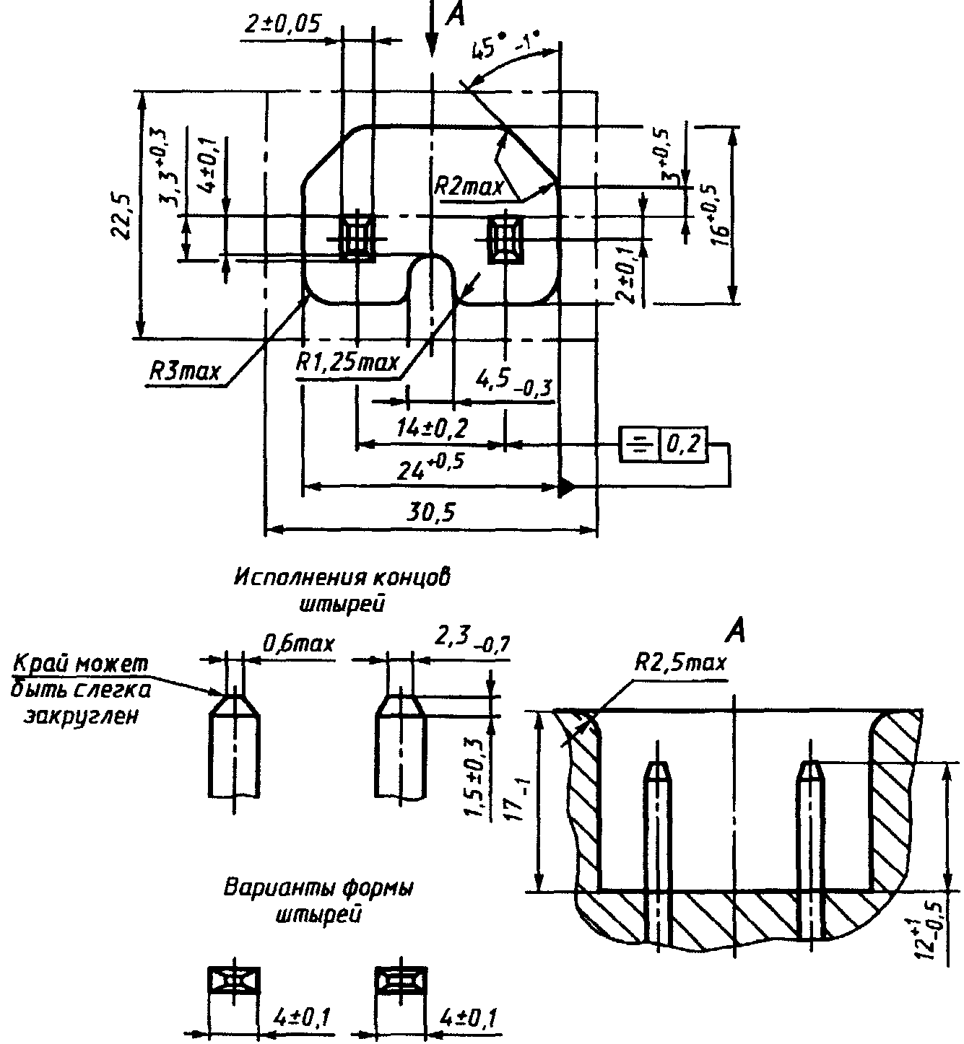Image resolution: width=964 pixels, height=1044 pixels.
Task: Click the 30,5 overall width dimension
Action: point(430,512)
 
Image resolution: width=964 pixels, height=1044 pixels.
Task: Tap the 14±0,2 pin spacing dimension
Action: point(432,429)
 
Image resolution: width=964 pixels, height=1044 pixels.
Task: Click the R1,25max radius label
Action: point(347,362)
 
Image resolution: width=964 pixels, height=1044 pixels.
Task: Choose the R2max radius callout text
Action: point(469,187)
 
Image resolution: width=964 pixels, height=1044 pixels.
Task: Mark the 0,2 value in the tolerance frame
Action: point(683,444)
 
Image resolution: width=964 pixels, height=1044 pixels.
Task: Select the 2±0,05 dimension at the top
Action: point(282,25)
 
